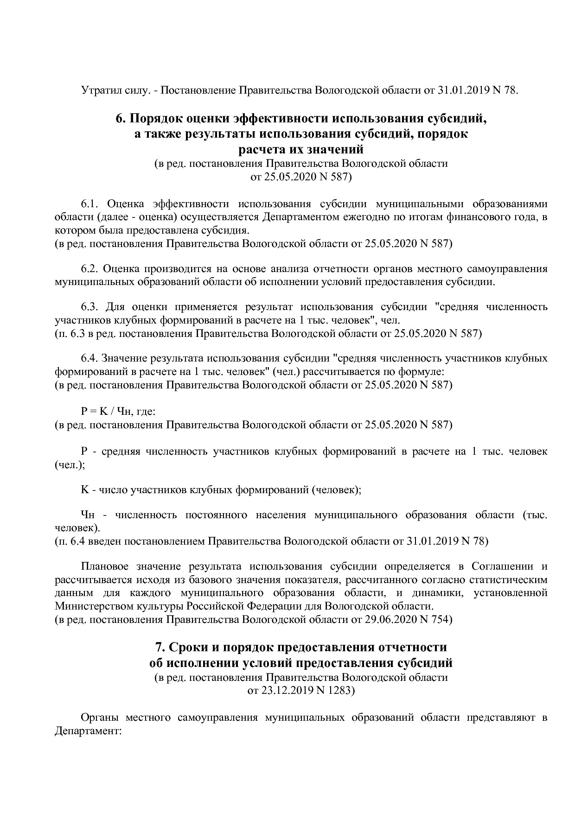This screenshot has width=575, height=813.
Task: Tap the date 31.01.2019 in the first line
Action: coord(462,90)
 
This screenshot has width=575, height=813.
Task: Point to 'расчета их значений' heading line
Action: coord(300,150)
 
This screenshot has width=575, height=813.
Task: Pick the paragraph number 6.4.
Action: coord(90,358)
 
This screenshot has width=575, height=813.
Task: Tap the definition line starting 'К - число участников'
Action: coord(221,489)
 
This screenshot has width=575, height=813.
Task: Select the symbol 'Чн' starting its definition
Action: coord(88,515)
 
